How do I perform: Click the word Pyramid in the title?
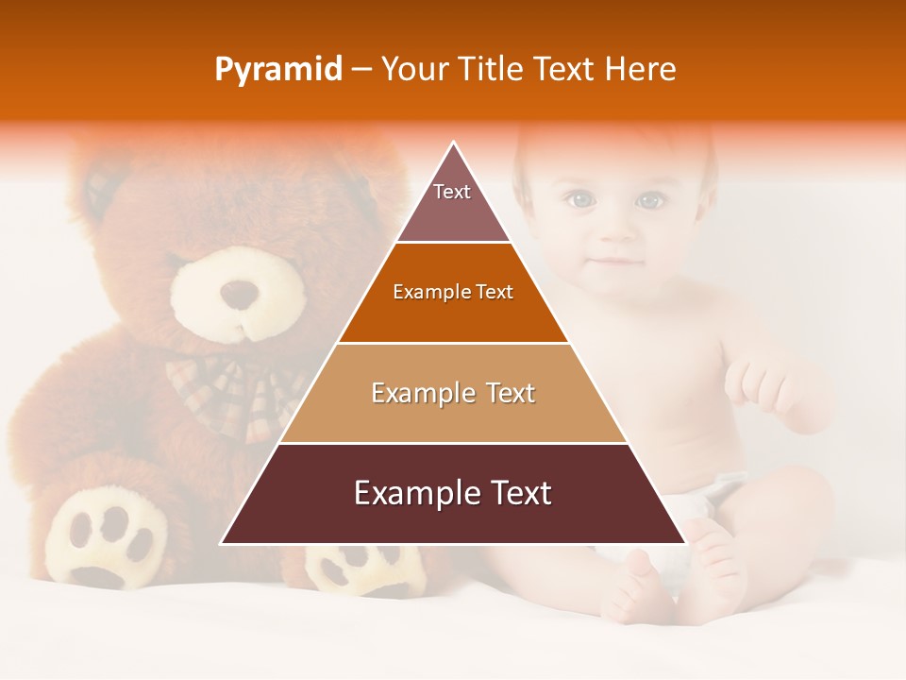(278, 70)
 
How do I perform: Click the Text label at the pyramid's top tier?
(452, 192)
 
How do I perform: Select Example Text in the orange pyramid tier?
(453, 292)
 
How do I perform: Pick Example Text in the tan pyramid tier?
(453, 393)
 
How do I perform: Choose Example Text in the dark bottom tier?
(453, 493)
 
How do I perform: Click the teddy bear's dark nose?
(239, 293)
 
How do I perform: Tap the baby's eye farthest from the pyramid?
(648, 200)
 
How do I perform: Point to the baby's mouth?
(613, 262)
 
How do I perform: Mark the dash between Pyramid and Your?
(361, 70)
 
